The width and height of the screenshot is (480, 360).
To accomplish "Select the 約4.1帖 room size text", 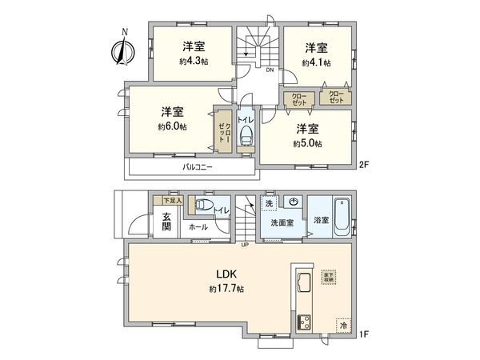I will (x=316, y=62).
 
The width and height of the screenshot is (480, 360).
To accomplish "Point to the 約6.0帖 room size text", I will (x=171, y=126).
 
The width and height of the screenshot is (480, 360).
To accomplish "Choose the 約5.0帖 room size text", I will (x=307, y=144).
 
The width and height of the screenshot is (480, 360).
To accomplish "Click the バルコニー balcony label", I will (x=197, y=167).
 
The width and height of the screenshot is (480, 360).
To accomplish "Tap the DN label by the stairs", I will (x=270, y=70).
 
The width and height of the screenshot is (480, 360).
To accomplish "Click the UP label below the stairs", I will (x=245, y=243).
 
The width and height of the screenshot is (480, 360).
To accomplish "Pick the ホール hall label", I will (x=198, y=227).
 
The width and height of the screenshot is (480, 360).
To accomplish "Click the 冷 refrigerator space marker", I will (x=344, y=325).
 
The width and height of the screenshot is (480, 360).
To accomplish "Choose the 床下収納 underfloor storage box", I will (x=330, y=277).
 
